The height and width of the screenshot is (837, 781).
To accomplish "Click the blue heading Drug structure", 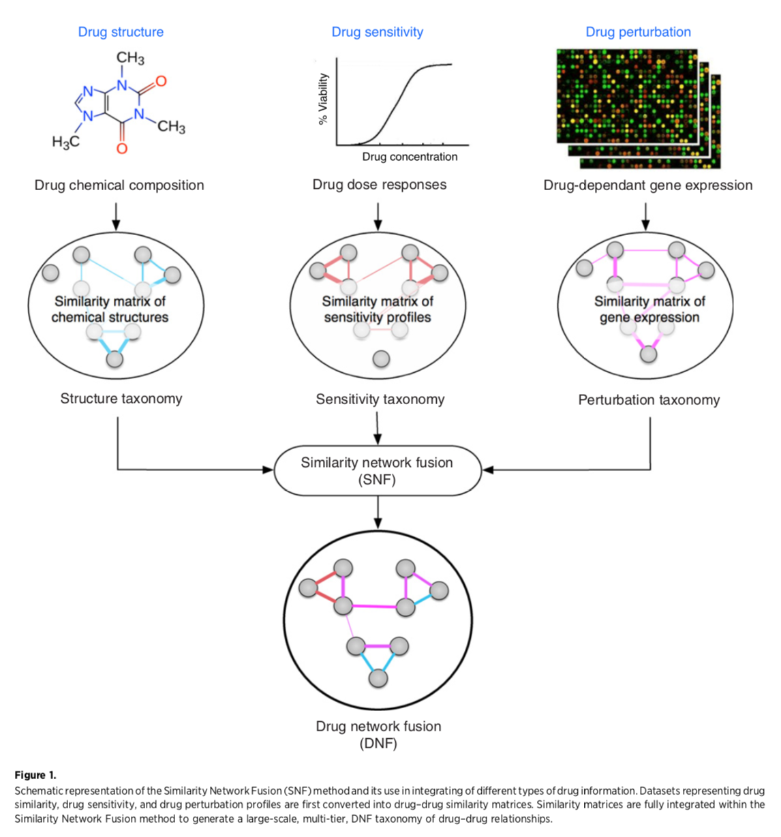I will (121, 32).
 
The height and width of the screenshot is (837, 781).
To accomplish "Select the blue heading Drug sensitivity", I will (377, 32).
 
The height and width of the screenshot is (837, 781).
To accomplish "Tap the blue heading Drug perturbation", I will (638, 32).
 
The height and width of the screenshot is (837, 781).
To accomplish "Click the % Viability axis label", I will (323, 99).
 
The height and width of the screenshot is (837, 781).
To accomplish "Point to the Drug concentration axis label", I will (410, 157).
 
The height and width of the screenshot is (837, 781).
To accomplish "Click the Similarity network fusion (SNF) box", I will (377, 470).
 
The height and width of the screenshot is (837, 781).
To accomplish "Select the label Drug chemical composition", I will (119, 185).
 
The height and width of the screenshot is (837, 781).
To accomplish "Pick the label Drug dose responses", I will (380, 185).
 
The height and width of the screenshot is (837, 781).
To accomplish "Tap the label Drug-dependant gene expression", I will (647, 185).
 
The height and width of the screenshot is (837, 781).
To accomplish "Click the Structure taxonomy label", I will (121, 399).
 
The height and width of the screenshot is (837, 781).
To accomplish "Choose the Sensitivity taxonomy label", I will (380, 399).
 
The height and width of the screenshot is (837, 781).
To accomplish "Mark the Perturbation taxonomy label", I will (649, 400).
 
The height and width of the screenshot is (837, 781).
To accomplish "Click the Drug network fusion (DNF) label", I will (378, 734).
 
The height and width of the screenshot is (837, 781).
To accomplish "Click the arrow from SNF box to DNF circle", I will (378, 512).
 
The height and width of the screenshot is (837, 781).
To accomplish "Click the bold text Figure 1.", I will (35, 775).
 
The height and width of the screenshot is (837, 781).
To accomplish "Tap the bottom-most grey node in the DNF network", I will (378, 678).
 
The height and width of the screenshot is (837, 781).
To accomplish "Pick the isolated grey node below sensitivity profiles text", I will (382, 359).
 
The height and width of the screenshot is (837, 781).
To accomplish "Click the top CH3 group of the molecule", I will (130, 59).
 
